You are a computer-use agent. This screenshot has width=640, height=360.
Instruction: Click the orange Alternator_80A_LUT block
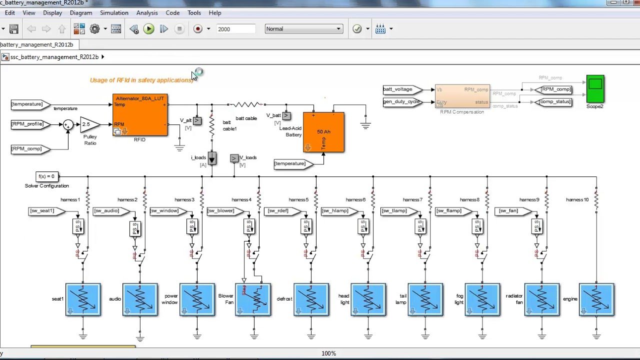coord(140,115)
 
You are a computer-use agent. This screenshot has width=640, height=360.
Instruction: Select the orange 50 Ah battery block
coord(323,132)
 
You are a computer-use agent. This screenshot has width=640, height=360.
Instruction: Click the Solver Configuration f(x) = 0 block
coord(47,176)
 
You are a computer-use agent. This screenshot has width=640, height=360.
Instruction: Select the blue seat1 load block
coord(83,299)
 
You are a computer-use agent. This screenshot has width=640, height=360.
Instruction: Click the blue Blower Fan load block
coord(253,299)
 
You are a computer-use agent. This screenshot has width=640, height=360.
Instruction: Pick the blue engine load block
coord(596,299)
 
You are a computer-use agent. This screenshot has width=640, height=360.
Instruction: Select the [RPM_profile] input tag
coord(28,124)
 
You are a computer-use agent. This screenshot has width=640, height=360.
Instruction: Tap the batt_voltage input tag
coord(399,89)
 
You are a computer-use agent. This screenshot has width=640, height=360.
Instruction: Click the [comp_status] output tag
coord(554,102)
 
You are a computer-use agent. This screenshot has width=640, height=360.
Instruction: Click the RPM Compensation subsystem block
coord(462,96)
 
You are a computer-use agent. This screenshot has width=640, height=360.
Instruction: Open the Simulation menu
coord(114,13)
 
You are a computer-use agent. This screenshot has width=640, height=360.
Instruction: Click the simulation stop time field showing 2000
coord(235,29)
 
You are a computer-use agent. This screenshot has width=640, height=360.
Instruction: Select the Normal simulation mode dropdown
coord(303,29)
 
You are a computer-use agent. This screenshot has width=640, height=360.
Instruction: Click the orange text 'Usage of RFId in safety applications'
coord(141,80)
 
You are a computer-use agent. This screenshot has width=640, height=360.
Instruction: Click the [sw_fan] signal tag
coord(509,211)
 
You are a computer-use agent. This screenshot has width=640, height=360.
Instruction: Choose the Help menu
coord(215,13)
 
